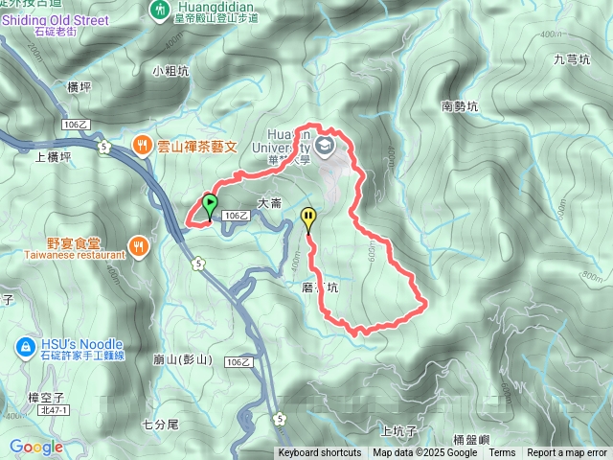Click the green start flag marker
210,204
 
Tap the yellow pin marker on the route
307,218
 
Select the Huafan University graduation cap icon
325,147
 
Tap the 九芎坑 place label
572,59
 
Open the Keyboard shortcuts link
320,453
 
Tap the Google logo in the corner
36,447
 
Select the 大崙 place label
269,202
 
